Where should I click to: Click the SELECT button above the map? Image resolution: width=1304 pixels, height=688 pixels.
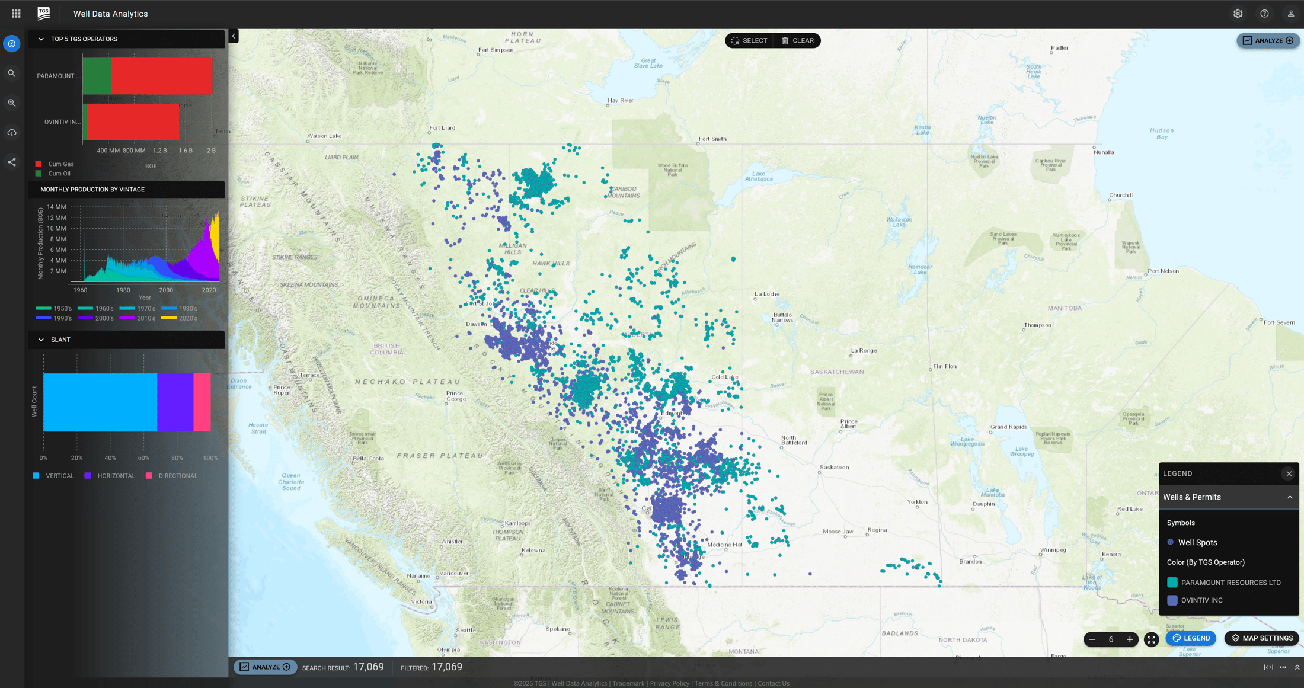click(749, 41)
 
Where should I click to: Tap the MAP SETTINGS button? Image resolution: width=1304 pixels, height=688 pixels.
click(1262, 638)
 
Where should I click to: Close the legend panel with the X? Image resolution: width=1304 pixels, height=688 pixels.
click(1289, 473)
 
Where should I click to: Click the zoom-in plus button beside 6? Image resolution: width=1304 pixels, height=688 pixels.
click(1130, 639)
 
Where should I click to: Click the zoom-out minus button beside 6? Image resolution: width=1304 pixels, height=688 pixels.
click(1092, 639)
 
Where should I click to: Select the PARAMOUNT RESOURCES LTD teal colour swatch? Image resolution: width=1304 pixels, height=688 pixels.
click(1172, 583)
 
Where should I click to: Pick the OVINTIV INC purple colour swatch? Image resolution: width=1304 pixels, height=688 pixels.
click(1172, 600)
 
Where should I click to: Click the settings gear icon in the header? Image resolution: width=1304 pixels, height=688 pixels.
click(1238, 14)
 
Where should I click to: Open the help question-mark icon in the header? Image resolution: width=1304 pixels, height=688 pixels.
click(1264, 14)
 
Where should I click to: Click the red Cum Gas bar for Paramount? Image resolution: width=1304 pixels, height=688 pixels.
click(161, 76)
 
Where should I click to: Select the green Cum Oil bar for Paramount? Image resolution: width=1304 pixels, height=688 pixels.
click(97, 76)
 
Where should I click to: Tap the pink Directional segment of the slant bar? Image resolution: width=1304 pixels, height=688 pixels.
click(202, 402)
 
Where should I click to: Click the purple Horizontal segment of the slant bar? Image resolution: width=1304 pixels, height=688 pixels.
click(175, 402)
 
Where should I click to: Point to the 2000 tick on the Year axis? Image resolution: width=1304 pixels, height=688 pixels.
click(166, 290)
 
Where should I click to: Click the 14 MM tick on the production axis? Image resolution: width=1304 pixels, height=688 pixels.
click(57, 207)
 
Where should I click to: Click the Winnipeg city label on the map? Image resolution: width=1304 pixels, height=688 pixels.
click(1053, 550)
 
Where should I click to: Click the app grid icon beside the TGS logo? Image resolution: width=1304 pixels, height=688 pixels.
click(16, 14)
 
